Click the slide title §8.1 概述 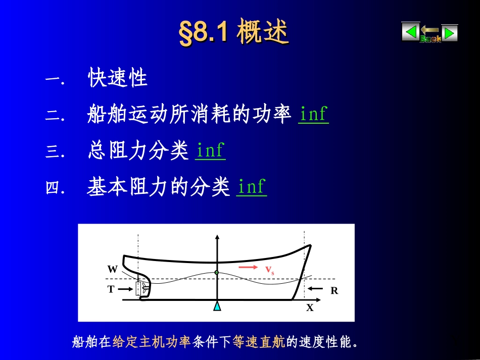234,33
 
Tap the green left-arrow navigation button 410,32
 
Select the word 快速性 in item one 118,78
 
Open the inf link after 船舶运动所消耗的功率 313,115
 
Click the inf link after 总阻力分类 210,151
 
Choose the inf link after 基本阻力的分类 251,187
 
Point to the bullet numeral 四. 53,188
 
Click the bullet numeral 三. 53,152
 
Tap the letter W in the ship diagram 112,269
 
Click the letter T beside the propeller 111,289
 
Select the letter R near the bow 334,291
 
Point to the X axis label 310,307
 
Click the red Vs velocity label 270,271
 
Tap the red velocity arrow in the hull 248,267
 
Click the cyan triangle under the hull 217,305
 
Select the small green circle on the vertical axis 217,273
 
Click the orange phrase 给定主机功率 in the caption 151,342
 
